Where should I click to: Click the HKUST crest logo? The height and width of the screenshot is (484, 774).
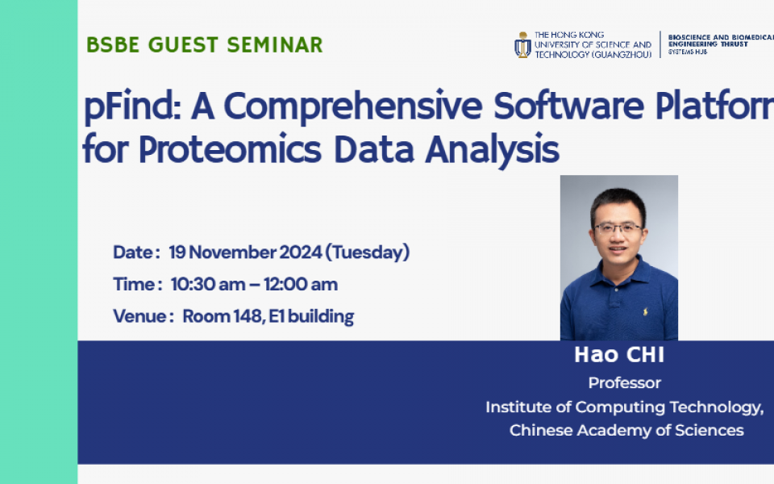coord(522,44)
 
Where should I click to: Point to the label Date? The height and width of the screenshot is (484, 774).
coord(136,252)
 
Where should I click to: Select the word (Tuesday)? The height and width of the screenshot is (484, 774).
coord(367,252)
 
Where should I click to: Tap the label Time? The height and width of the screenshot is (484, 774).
coord(138,285)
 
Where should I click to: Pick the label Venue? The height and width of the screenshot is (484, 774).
coord(144,316)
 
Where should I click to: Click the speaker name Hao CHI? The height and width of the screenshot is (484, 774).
coord(618,356)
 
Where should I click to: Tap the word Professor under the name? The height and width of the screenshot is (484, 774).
coord(624,383)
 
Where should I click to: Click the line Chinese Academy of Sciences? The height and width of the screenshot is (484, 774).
coord(626,431)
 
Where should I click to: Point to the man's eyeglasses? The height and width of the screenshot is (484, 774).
coord(618,228)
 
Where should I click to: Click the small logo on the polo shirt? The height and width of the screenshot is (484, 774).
coord(644,311)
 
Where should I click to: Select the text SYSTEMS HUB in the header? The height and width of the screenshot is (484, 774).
coord(687,52)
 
